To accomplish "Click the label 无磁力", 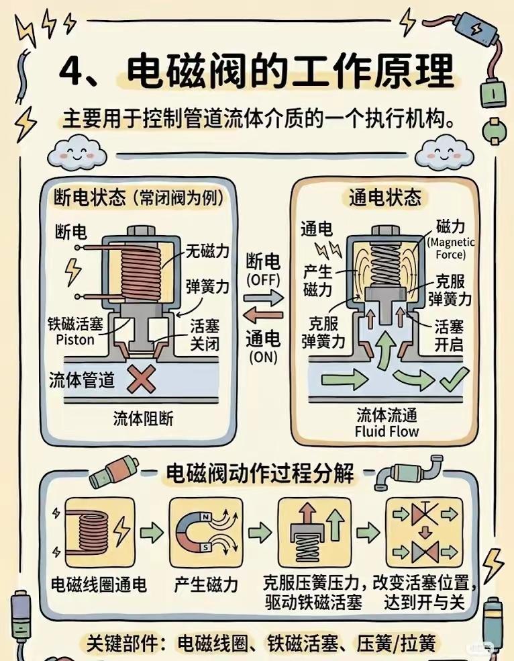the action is (x=207, y=252).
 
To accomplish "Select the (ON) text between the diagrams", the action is (x=262, y=357).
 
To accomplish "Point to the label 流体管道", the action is (x=81, y=380).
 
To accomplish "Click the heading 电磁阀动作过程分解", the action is (x=260, y=474).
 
